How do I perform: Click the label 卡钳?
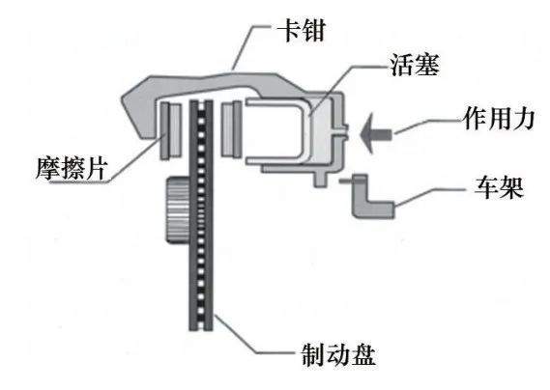(x=302, y=29)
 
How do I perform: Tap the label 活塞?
(x=415, y=65)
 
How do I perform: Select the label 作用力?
(x=499, y=119)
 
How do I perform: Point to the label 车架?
(x=499, y=187)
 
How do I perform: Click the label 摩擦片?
(x=72, y=168)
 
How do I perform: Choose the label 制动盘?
(x=338, y=354)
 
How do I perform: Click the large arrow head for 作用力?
(x=367, y=133)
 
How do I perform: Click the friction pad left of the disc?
(x=171, y=130)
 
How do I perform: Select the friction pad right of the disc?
(x=232, y=129)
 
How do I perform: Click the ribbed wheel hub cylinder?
(x=178, y=209)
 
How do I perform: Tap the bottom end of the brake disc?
(x=201, y=329)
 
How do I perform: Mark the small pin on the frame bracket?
(x=346, y=181)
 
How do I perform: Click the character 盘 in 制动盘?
(x=363, y=354)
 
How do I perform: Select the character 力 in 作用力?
(x=523, y=119)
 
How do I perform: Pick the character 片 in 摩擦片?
(x=96, y=168)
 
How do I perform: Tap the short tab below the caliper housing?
(x=320, y=179)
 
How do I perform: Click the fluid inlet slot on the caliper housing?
(x=339, y=130)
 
